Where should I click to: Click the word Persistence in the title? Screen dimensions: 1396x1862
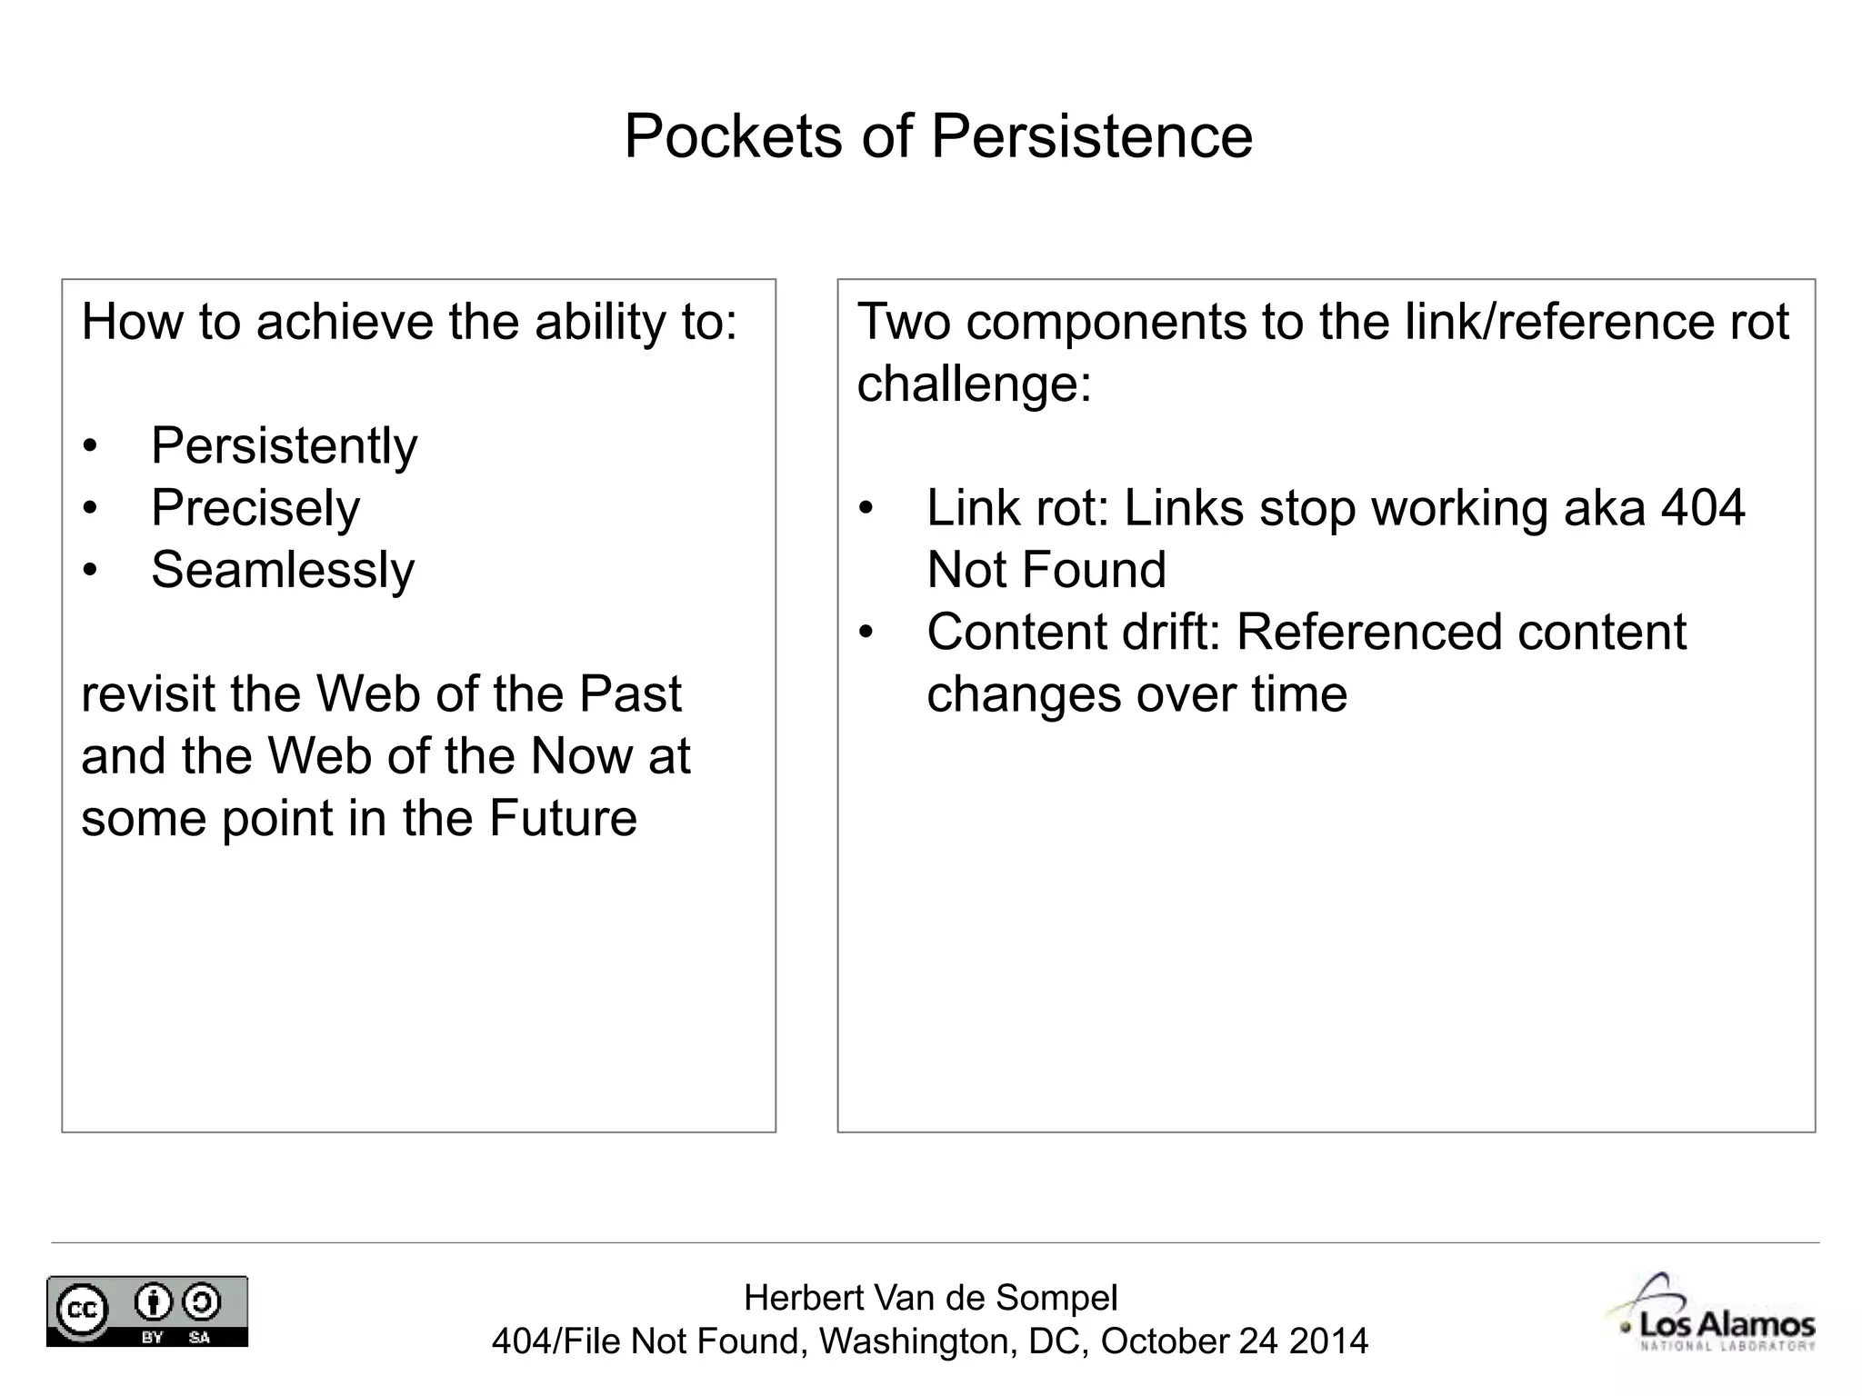pos(1091,136)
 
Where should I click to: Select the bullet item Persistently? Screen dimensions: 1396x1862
pos(284,446)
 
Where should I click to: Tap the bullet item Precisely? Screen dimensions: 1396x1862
pos(255,508)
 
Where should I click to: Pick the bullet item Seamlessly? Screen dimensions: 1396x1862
pos(283,570)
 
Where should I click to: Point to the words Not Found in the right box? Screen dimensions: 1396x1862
pos(1046,570)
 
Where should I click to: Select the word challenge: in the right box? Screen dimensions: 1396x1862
pos(974,384)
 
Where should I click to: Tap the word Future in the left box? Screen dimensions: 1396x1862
pos(563,818)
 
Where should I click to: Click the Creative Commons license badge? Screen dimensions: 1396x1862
pos(147,1311)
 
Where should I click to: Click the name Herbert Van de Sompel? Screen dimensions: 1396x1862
pos(930,1298)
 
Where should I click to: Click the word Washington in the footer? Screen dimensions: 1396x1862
pos(916,1341)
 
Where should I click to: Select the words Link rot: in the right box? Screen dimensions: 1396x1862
pos(1017,508)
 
